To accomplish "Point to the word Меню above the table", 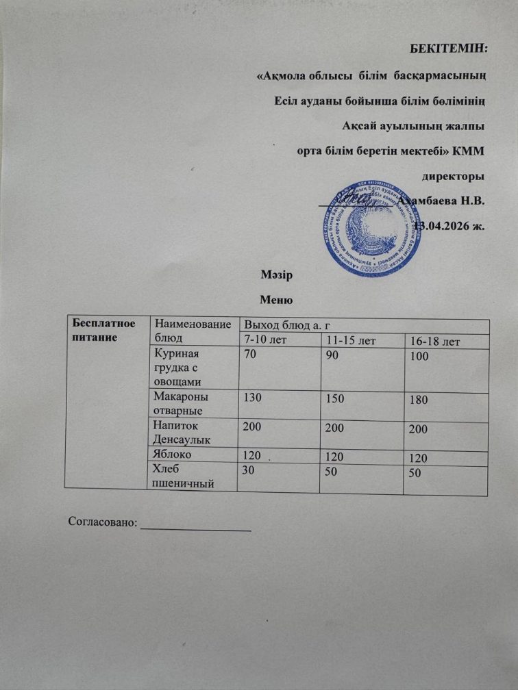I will tap(277, 299).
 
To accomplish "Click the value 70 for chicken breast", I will tap(247, 355).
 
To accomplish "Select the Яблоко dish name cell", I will tap(172, 453).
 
